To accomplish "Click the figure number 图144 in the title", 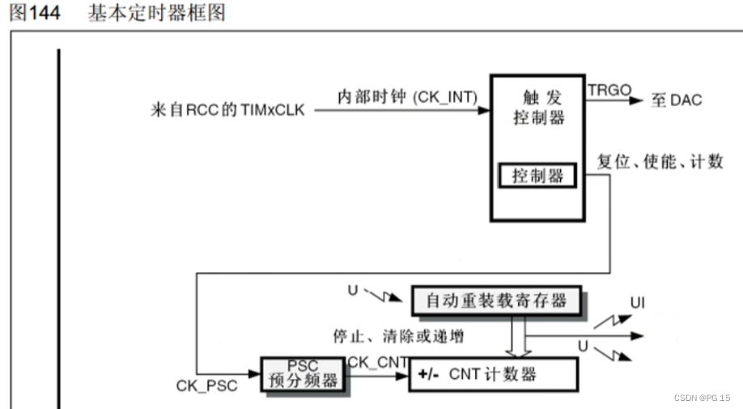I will click(35, 14).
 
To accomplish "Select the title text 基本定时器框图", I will click(156, 14).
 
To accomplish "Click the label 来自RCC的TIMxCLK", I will click(228, 109).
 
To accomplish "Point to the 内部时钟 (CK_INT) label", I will click(407, 96).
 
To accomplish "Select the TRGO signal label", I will click(609, 89).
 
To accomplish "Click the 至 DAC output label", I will click(677, 100).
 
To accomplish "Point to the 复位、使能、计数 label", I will click(660, 161).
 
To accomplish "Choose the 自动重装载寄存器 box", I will click(496, 301).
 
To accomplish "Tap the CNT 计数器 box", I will click(494, 374).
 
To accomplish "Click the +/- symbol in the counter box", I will click(429, 374).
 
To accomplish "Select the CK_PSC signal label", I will click(207, 386).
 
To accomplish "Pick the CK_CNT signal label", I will click(377, 362).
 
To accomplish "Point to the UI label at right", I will click(638, 304).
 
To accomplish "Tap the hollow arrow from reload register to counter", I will click(516, 335).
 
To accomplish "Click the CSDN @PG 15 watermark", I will click(701, 398).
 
